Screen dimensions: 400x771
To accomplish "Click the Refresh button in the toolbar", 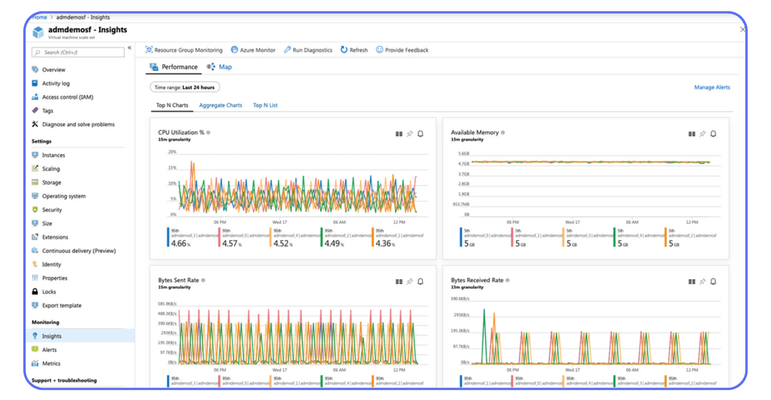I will coord(354,50).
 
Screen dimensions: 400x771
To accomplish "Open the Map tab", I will coord(225,67).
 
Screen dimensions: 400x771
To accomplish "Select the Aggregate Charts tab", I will coord(220,105).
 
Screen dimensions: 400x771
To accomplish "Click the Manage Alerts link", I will coord(712,87).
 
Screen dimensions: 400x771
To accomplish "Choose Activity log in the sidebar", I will coord(56,83).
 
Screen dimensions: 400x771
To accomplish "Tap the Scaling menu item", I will coord(51,169).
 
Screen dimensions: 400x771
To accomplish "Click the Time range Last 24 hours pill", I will coord(185,87).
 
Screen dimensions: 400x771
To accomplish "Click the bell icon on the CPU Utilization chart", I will coord(420,134).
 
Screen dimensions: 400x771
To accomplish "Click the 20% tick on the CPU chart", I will coord(172,152).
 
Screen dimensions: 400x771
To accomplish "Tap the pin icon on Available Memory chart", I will coord(702,134).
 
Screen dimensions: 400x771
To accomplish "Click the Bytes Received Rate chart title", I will coord(477,280).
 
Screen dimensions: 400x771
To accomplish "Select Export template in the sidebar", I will coord(62,306).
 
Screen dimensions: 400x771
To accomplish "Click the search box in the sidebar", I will coord(78,53).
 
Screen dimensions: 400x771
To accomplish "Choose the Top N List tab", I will coord(265,105).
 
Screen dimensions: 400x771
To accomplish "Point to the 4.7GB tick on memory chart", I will coord(463,164).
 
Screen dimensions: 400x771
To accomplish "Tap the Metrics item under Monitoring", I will coord(51,363).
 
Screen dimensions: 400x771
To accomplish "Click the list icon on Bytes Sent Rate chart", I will coord(399,282).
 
